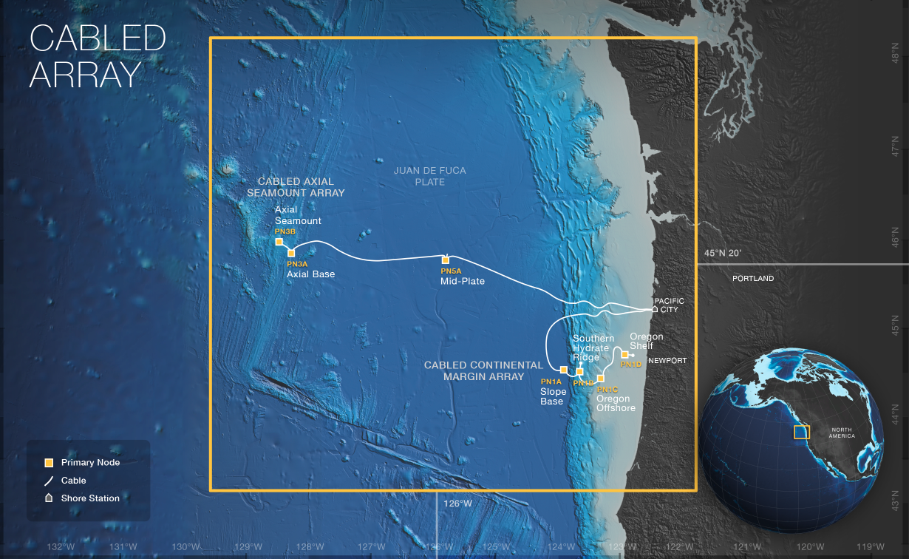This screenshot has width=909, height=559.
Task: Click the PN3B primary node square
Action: [x=279, y=242]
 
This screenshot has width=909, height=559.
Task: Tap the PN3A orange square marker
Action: [x=291, y=253]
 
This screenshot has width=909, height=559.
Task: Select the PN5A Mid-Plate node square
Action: [x=446, y=260]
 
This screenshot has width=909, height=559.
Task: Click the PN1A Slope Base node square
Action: [x=564, y=369]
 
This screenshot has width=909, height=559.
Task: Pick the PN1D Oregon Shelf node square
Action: [x=625, y=354]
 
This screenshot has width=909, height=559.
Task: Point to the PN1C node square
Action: [x=601, y=379]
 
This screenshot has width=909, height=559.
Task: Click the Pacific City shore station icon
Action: [x=655, y=309]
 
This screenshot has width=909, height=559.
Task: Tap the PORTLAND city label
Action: [x=753, y=279]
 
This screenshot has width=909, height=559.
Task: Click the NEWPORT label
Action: [x=667, y=361]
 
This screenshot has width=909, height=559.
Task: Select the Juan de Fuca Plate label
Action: [x=429, y=176]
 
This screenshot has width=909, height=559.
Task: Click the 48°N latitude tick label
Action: [x=893, y=55]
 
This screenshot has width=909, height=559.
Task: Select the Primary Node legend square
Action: [x=49, y=463]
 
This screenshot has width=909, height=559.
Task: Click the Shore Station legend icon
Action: [x=49, y=498]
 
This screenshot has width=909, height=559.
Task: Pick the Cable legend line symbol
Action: [x=49, y=481]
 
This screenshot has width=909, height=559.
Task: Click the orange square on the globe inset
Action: [x=802, y=432]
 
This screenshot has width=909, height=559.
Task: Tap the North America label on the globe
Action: [x=842, y=433]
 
